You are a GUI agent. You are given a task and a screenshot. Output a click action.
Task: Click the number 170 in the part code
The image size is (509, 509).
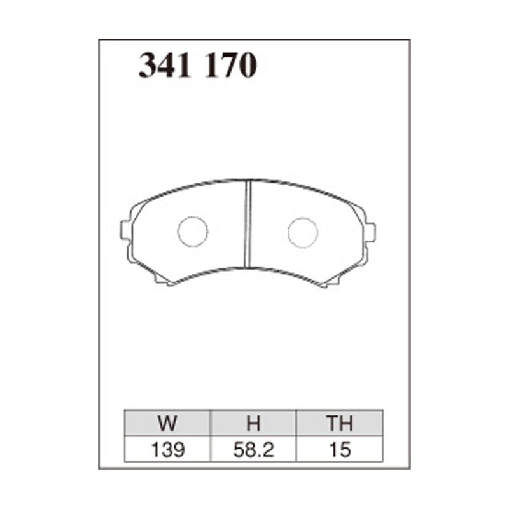(x=230, y=66)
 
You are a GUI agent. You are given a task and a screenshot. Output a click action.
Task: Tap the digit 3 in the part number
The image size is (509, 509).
(x=148, y=66)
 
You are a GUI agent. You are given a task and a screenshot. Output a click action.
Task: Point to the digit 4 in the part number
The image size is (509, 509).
(x=167, y=66)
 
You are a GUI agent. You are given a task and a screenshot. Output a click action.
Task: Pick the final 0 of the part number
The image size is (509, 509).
(x=247, y=66)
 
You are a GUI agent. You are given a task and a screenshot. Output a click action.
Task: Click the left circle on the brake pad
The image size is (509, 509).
(x=193, y=232)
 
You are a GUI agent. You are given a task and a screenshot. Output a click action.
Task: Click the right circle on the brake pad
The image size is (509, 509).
(x=303, y=232)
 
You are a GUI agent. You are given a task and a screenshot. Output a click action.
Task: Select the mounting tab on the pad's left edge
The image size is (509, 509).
(x=125, y=230)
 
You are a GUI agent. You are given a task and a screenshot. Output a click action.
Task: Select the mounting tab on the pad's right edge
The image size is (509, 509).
(x=370, y=232)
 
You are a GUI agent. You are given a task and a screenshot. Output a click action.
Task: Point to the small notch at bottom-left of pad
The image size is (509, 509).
(x=164, y=281)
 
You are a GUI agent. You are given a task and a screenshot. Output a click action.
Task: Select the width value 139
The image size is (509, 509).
(x=168, y=450)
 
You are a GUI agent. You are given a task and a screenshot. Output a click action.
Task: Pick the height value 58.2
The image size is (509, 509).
(x=253, y=450)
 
